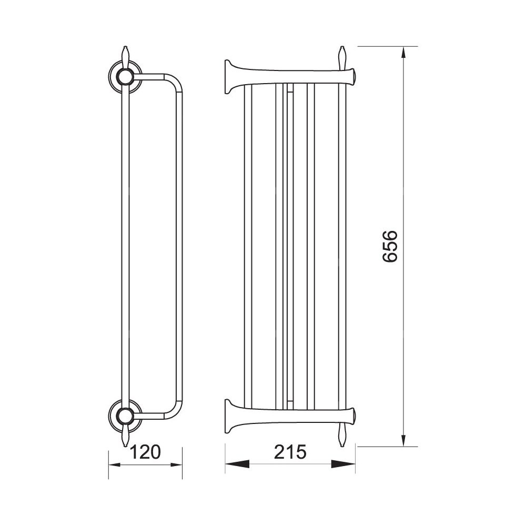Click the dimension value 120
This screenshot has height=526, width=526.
click(145, 451)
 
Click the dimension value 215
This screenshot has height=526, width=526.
click(290, 451)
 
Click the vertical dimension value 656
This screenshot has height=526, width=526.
click(390, 246)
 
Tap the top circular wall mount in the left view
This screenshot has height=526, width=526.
click(126, 77)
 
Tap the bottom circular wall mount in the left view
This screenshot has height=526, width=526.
click(126, 416)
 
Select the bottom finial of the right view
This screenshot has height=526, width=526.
click(342, 435)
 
